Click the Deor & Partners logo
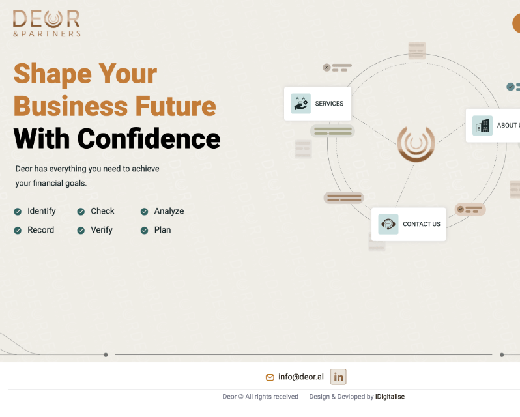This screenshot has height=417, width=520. (47, 23)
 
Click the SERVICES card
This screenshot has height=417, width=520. (317, 104)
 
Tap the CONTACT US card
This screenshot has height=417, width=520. (409, 224)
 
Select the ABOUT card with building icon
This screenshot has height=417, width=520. (493, 126)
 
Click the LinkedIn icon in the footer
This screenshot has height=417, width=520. (338, 377)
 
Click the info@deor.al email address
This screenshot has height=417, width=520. (301, 377)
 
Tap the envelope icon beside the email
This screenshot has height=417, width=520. (270, 377)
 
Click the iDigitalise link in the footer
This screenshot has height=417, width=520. (390, 397)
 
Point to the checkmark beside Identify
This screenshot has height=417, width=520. (18, 212)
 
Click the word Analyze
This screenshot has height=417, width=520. (169, 211)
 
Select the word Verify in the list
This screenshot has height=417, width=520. (102, 230)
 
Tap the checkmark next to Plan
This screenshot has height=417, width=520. (144, 231)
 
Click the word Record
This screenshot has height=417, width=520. (41, 230)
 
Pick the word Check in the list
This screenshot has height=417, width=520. (102, 211)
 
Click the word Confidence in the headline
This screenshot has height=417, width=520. (149, 139)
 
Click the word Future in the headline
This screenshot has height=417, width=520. (176, 106)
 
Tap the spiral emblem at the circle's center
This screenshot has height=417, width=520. (416, 144)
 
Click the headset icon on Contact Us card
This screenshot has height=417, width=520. (388, 224)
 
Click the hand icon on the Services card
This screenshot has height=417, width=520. (301, 104)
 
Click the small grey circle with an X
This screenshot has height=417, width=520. (326, 68)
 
